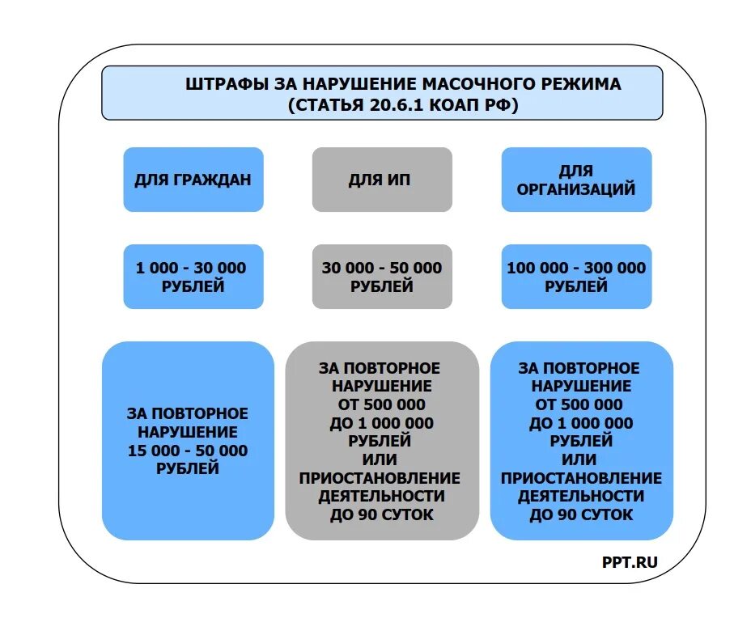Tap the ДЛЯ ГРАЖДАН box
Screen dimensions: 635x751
click(193, 180)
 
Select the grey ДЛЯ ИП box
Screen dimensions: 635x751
click(381, 180)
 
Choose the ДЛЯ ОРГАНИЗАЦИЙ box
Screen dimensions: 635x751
click(576, 180)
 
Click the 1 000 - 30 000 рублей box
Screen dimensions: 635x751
click(193, 277)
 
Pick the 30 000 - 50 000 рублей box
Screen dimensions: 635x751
click(381, 277)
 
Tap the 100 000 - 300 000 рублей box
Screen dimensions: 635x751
click(576, 277)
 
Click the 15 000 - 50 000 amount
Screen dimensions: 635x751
click(188, 451)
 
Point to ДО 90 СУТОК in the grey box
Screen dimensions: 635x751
click(381, 514)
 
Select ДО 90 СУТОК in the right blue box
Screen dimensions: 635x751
click(581, 514)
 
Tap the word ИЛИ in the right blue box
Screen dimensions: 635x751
click(581, 459)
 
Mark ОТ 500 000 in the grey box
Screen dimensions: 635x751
click(381, 404)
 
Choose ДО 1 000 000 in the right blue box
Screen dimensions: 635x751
click(581, 423)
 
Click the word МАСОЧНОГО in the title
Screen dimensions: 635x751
click(479, 84)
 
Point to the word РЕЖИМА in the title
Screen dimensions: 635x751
click(587, 84)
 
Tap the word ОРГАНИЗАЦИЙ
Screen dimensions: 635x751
click(576, 189)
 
